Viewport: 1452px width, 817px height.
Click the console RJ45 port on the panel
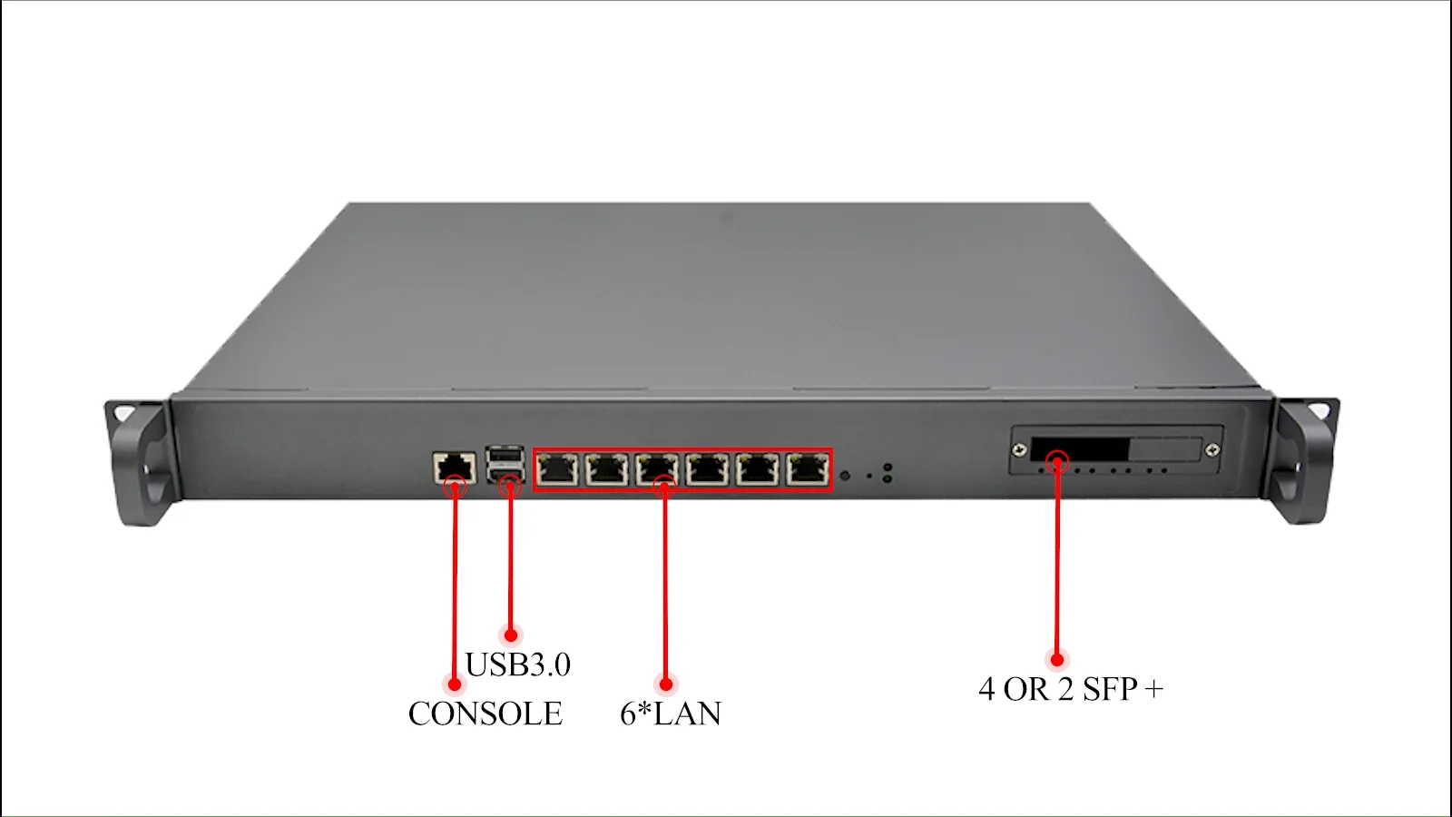[455, 468]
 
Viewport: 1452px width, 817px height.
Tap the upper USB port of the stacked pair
[505, 454]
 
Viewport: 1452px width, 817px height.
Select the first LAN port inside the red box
[557, 469]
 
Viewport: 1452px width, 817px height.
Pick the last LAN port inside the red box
[807, 469]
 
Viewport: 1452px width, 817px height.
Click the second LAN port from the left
[607, 469]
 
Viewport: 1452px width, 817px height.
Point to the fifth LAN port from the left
[757, 469]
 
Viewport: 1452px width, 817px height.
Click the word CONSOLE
[485, 714]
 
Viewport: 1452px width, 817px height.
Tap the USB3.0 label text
[517, 664]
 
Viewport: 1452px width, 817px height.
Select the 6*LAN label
[670, 714]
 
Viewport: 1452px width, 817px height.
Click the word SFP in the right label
[1110, 689]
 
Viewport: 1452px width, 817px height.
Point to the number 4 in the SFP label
[986, 689]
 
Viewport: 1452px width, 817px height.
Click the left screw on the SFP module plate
[1020, 450]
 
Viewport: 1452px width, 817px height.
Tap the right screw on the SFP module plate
[1212, 450]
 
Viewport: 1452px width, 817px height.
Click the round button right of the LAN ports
[845, 476]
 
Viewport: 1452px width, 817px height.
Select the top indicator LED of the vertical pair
[887, 468]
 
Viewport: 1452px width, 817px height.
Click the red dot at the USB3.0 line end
[510, 635]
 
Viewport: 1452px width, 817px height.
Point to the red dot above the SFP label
[1056, 659]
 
